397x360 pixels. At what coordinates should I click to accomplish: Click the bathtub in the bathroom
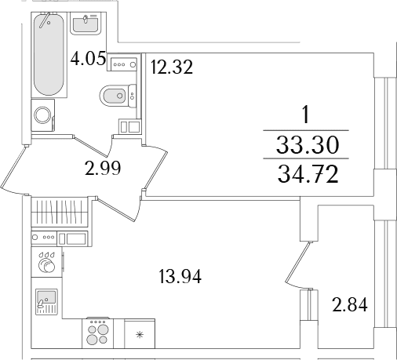tap(49, 54)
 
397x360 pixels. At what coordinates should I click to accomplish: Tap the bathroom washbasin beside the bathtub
tap(86, 24)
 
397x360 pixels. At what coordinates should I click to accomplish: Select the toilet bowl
tap(118, 96)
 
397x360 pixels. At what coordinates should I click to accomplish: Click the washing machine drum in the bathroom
tap(42, 115)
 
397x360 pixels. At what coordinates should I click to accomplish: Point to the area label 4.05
tap(89, 59)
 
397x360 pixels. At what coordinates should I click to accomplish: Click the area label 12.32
tap(172, 67)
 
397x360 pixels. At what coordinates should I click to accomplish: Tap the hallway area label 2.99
tap(103, 168)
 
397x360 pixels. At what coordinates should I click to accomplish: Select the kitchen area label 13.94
tap(180, 277)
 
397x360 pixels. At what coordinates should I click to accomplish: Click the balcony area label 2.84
tap(350, 305)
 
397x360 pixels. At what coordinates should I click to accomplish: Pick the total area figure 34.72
tap(308, 175)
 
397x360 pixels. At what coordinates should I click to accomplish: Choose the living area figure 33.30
tap(308, 145)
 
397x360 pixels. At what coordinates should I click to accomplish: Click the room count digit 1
tap(305, 115)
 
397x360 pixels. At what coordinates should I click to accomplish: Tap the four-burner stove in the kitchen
tap(98, 333)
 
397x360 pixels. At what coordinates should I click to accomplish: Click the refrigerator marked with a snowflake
tap(140, 333)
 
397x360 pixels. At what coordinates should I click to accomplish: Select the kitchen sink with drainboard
tap(46, 302)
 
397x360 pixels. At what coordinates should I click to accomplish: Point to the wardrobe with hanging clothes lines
tap(60, 212)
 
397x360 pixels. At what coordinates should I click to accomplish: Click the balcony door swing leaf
tap(298, 262)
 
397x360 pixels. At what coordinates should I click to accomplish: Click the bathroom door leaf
tap(90, 146)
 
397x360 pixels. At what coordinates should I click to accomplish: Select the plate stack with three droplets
tap(47, 263)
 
